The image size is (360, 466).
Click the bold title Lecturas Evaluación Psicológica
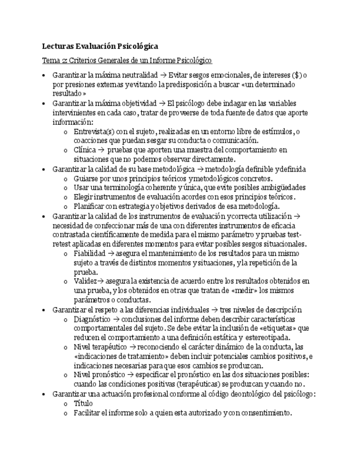pyautogui.click(x=101, y=47)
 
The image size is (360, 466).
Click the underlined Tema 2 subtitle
pyautogui.click(x=127, y=60)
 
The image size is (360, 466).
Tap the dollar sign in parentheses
pyautogui.click(x=297, y=75)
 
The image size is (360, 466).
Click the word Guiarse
pyautogui.click(x=86, y=179)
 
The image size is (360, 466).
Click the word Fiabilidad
pyautogui.click(x=90, y=253)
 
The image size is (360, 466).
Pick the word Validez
pyautogui.click(x=85, y=281)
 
